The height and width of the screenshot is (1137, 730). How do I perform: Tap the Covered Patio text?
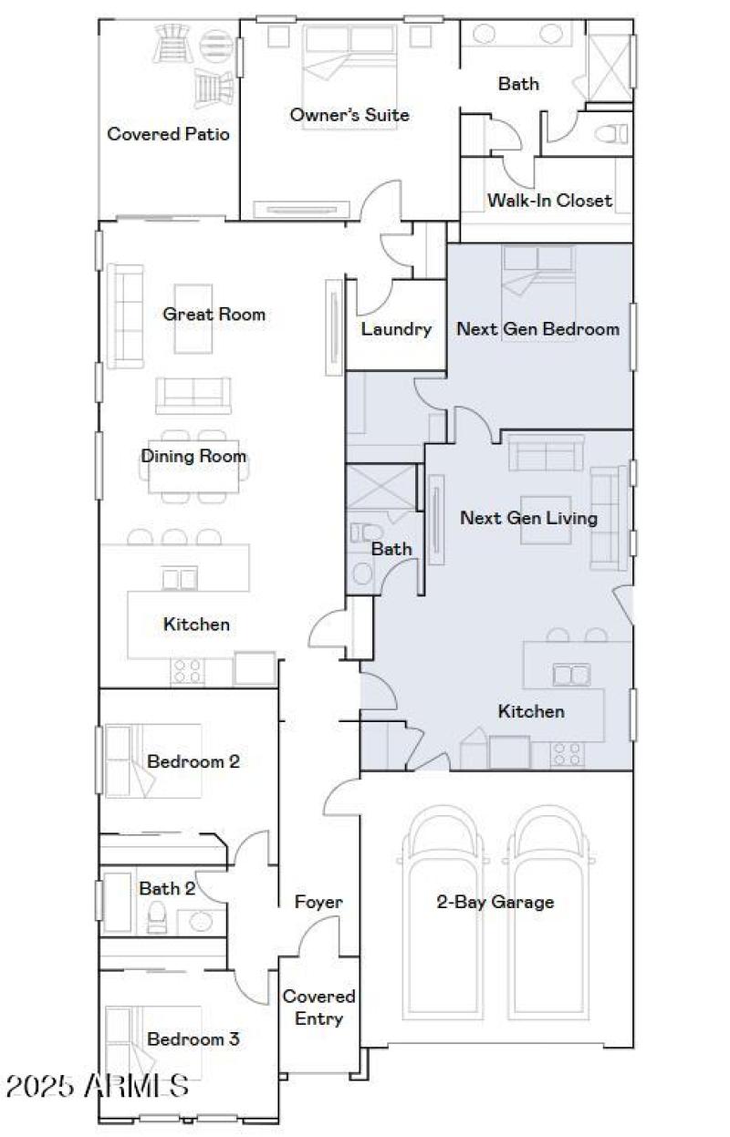coord(168,134)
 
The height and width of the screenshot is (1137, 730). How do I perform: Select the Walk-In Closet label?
coord(548,200)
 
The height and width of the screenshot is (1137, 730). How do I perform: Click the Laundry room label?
coord(395,328)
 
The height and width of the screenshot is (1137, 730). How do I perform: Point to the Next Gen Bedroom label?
coord(537,328)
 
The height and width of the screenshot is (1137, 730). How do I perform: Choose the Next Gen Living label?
coord(528,518)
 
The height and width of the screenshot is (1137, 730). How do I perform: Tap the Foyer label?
coord(318,903)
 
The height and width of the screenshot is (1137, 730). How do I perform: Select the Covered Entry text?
coord(318,1008)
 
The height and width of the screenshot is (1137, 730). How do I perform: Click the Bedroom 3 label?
coord(193,1039)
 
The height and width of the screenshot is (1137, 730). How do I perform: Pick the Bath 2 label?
coord(167,887)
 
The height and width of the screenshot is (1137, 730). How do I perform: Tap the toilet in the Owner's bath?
coord(610,133)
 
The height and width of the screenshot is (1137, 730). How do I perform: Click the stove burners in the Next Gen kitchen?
coord(565,754)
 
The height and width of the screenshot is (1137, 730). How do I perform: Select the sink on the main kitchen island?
coord(180,578)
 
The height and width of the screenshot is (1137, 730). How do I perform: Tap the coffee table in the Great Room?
coord(193,326)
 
